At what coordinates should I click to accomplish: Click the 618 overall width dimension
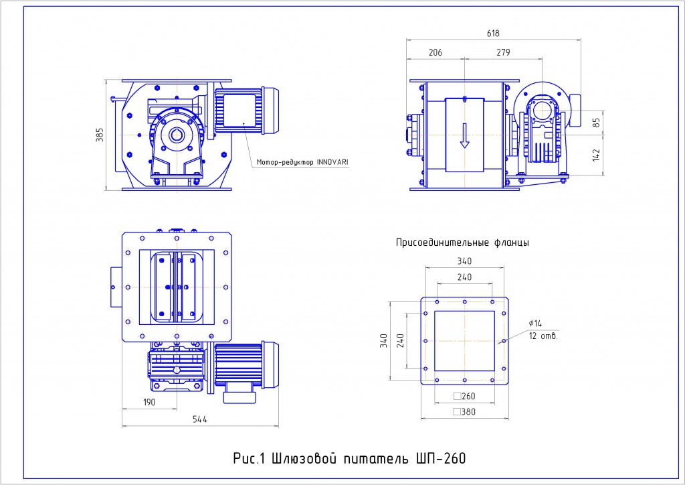494,33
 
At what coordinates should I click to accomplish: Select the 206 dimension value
435,52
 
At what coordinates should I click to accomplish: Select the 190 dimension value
149,402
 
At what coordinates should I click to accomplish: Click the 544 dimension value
199,419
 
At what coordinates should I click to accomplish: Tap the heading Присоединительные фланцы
463,242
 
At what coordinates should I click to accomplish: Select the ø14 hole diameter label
534,323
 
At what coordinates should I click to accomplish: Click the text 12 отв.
543,336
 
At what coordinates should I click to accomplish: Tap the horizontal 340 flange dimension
464,261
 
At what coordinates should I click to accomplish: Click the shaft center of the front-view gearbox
177,135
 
